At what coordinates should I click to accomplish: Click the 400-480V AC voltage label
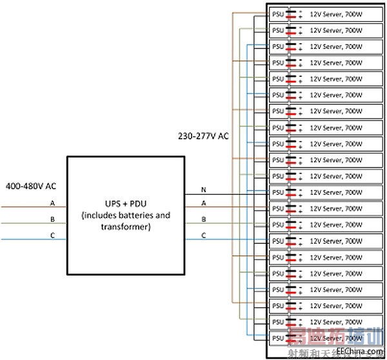pos(30,186)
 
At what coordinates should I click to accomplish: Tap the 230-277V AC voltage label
pos(202,137)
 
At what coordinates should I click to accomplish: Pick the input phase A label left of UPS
pos(52,203)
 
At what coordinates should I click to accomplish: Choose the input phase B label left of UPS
pos(52,219)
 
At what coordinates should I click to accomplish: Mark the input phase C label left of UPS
pos(52,235)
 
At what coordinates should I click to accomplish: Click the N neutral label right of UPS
pos(204,189)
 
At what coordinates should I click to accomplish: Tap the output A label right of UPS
pos(204,203)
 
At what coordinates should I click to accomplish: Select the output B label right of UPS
pos(204,219)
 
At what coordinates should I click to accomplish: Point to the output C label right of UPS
pos(204,235)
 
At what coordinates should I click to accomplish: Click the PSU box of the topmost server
pos(278,14)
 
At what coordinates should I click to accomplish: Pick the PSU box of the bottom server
pos(278,337)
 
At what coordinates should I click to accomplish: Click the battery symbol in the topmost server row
pos(293,14)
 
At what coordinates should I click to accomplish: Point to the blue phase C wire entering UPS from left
pos(32,240)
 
